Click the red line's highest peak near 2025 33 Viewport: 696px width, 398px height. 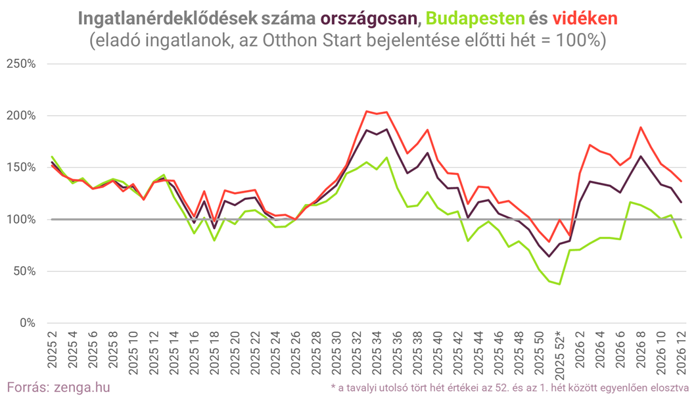point(367,111)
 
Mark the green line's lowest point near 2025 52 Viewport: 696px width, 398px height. point(559,284)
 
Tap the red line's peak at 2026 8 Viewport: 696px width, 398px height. point(641,127)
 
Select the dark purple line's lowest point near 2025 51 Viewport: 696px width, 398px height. point(549,256)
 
